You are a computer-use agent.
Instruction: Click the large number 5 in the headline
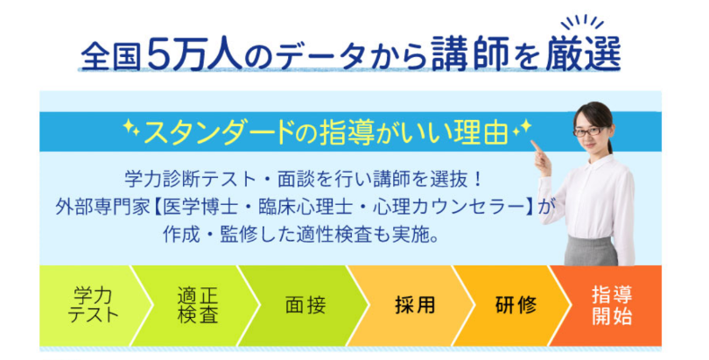pos(158,53)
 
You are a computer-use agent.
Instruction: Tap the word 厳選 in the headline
pos(583,53)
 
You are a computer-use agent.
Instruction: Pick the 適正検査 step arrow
pos(198,306)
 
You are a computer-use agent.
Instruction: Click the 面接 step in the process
pos(305,306)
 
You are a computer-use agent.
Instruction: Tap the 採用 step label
pos(414,306)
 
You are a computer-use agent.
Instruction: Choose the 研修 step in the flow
pos(516,306)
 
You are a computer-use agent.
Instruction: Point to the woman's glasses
pos(589,131)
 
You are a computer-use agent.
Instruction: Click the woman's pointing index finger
pos(536,145)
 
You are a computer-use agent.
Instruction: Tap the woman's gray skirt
pos(591,251)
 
